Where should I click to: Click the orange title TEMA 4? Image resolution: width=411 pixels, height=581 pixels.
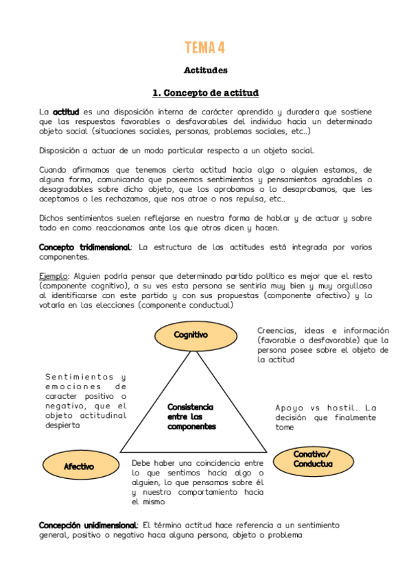pos(205,47)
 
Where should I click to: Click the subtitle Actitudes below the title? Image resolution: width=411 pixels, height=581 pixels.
pos(205,70)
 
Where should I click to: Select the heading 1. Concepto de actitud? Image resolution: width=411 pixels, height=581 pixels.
pos(205,92)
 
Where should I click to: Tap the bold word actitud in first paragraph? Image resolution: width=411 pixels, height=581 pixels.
pos(67,111)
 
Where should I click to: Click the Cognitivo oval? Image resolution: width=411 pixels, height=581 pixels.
pos(191,335)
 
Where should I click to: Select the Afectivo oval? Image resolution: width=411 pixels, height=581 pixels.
pos(79,467)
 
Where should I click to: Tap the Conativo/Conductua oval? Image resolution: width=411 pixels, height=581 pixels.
pos(312,459)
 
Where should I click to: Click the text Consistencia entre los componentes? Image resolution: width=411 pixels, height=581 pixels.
pos(191,417)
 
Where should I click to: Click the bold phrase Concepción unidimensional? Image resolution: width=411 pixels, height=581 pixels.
pos(89,525)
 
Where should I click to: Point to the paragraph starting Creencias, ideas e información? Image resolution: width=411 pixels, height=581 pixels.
pos(322,345)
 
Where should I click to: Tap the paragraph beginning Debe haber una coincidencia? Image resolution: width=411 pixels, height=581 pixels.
pos(197,482)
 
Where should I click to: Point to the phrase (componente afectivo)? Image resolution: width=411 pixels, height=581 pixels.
pos(308,295)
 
